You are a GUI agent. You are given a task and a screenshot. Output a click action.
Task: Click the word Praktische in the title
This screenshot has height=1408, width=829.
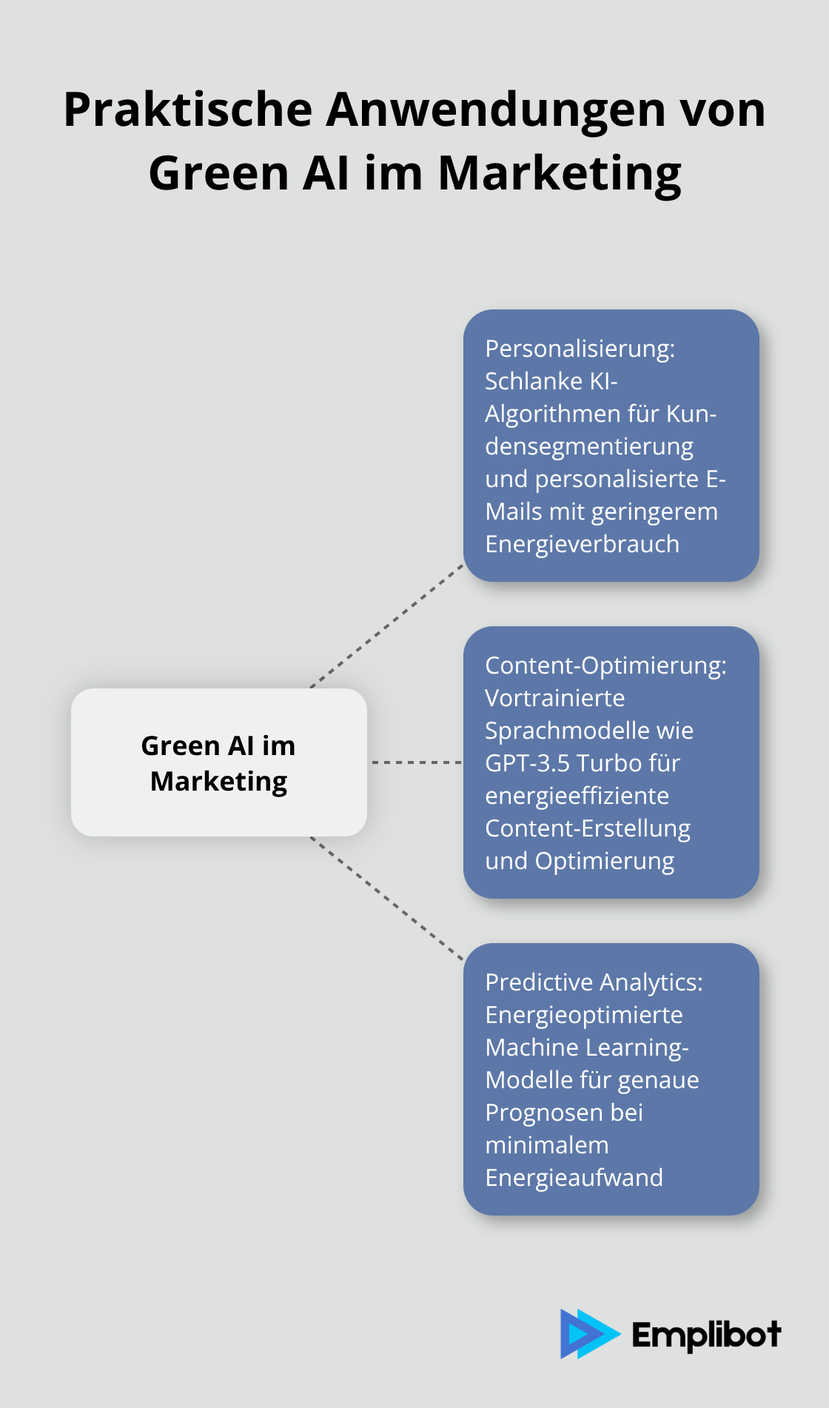coord(188,110)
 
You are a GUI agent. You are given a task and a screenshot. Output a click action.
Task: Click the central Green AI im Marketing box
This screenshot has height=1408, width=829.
coord(219,762)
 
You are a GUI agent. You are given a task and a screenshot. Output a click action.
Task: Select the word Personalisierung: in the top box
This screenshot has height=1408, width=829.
coord(580,349)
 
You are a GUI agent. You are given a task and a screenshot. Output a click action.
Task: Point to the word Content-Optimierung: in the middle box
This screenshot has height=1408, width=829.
coord(605,666)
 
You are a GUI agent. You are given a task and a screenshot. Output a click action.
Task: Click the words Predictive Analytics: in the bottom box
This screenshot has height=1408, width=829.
coord(594,982)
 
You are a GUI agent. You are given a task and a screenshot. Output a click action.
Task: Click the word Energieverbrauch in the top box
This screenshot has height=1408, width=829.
coord(582,544)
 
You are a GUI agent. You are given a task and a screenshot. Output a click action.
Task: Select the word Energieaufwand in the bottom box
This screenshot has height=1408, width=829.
coord(574,1178)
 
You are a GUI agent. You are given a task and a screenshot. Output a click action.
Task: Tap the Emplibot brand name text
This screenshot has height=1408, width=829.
coord(706,1335)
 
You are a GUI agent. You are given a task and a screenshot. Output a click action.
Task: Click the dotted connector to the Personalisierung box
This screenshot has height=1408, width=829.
coord(387,626)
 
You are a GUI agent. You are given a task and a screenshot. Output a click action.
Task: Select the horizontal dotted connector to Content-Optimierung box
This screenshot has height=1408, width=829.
coord(416,762)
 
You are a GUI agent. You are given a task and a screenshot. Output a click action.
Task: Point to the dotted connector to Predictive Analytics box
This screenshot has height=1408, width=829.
coord(387,898)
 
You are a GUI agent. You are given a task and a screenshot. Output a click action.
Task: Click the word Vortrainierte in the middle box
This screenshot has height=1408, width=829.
coord(554,698)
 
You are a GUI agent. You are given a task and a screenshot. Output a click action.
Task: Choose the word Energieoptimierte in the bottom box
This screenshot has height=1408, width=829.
coord(583,1015)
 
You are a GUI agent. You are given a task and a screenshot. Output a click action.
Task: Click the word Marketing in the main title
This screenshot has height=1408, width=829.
coord(560,173)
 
